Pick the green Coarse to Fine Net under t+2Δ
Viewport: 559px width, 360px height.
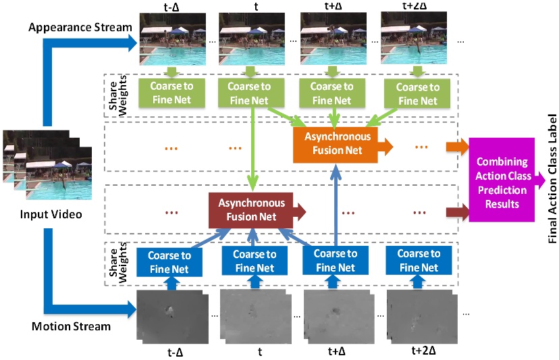point(417,94)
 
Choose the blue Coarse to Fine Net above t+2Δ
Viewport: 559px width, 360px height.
point(418,261)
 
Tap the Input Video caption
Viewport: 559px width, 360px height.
point(42,214)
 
